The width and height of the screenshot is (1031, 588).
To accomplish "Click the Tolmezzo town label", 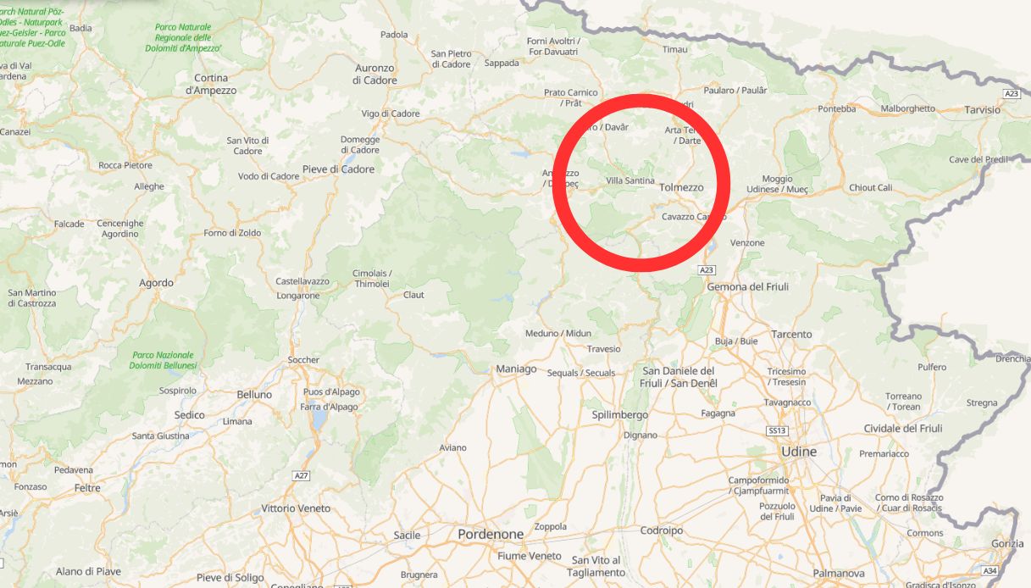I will [x=681, y=187].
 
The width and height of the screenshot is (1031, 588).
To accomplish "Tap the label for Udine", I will [x=799, y=452].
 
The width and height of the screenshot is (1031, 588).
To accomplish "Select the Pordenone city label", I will [x=491, y=535].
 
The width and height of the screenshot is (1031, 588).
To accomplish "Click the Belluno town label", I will [x=254, y=395].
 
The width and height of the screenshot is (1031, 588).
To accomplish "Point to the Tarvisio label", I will [x=982, y=110].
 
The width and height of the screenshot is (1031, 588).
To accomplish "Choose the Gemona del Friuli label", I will [x=748, y=286].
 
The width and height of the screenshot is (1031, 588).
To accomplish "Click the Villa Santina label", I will [x=630, y=180].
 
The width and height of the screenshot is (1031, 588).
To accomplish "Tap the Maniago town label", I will [x=516, y=369].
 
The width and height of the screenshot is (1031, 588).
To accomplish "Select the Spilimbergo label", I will [x=620, y=414].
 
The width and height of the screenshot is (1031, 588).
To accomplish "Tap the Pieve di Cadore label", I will [x=338, y=169].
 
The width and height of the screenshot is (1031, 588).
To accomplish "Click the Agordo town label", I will [x=156, y=283].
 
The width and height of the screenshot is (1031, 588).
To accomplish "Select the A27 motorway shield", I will [x=301, y=475].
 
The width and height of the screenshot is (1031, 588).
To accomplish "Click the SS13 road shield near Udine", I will [x=777, y=431].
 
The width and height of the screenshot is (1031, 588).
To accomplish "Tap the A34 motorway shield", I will [x=990, y=570].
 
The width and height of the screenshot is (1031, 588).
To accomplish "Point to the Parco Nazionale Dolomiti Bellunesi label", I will [x=163, y=360].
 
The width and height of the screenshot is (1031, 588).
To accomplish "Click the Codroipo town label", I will [x=662, y=530].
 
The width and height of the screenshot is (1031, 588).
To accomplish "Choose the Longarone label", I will [x=298, y=296].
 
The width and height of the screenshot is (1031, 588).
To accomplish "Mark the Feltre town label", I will [x=87, y=488].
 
